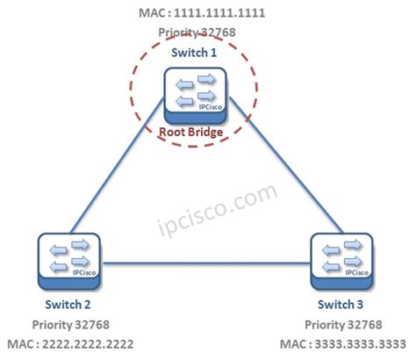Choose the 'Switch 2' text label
pyautogui.click(x=67, y=304)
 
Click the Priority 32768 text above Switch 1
pyautogui.click(x=197, y=32)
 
